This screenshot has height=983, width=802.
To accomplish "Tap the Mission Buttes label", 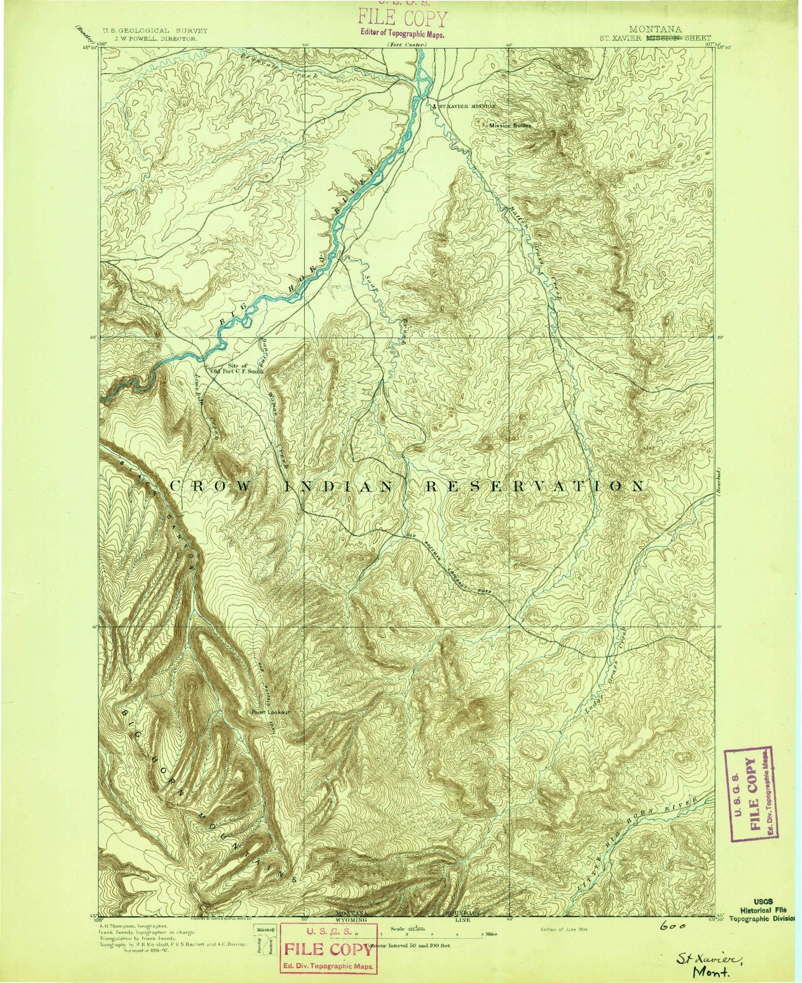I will coord(510,126).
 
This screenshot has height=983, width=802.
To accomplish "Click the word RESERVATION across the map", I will coord(535,486).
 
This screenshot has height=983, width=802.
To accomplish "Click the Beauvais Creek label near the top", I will coord(278,67).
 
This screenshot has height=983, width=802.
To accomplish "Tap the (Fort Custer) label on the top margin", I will coord(406,45).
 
